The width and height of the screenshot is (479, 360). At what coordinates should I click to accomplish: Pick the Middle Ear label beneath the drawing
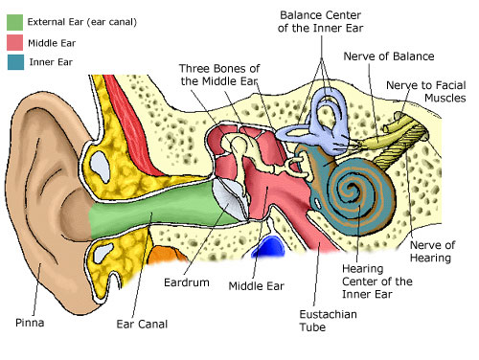pos(256,284)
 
